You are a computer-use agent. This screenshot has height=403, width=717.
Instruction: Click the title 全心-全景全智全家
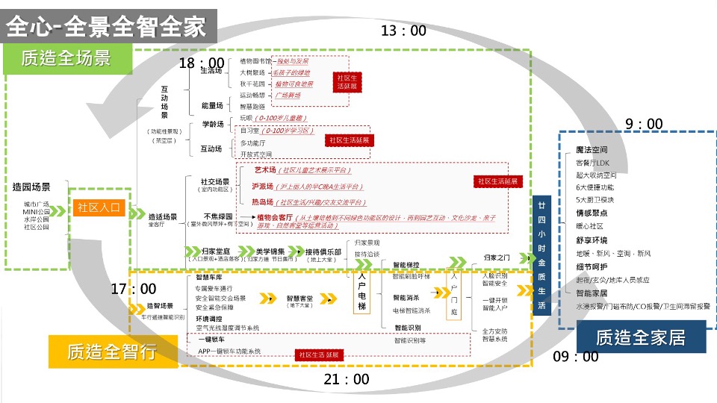(105, 26)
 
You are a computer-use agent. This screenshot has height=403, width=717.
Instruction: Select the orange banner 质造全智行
(112, 350)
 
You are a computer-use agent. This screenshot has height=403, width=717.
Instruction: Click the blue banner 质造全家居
(641, 337)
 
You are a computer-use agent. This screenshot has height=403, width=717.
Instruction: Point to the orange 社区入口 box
(99, 208)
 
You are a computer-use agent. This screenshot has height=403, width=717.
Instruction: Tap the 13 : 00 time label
(403, 31)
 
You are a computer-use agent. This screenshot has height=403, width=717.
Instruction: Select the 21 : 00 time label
(347, 379)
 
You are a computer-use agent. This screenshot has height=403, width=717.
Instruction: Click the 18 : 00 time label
(201, 63)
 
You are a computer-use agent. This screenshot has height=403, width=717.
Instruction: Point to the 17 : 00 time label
(134, 288)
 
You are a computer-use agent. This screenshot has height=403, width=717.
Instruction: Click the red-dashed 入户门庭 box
(453, 294)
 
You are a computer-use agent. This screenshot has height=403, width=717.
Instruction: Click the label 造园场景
(31, 188)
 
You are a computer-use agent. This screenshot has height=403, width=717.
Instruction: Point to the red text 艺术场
(265, 170)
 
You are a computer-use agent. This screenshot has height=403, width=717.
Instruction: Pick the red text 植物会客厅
(276, 217)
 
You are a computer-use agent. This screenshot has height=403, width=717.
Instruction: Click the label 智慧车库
(206, 277)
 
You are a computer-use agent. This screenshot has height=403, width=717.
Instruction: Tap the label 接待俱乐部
(323, 251)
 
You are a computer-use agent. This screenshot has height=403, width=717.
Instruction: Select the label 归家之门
(496, 257)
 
